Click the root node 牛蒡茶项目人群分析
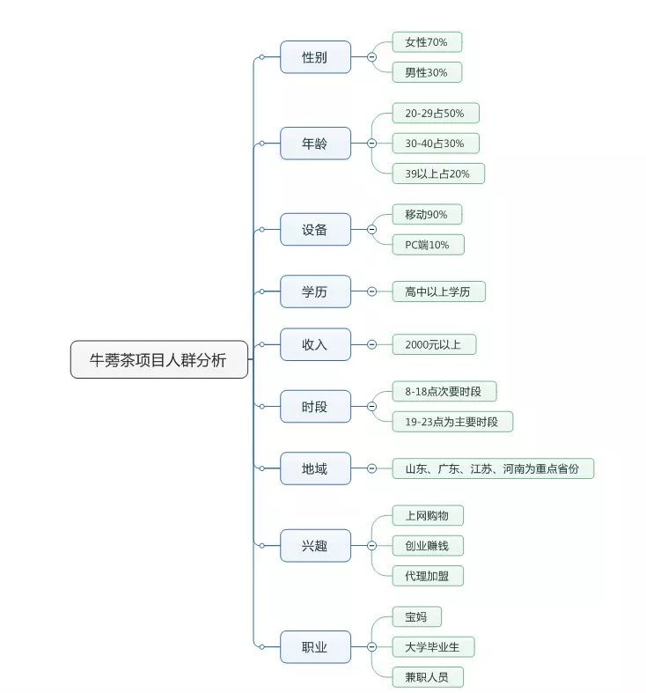click(159, 359)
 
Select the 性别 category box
click(315, 57)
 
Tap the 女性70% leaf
click(427, 42)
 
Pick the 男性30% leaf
click(427, 72)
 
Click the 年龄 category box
click(315, 144)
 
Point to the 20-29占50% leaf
click(436, 113)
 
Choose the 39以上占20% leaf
click(438, 173)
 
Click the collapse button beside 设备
click(372, 229)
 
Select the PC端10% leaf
click(428, 245)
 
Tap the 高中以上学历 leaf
click(439, 291)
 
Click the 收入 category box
click(315, 344)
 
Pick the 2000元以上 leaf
click(435, 344)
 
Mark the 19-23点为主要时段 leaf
click(452, 422)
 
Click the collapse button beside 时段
click(372, 406)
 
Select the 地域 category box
click(315, 468)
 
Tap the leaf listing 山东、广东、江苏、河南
click(493, 468)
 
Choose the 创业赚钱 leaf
click(428, 546)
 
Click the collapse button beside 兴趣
click(372, 545)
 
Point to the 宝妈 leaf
click(416, 616)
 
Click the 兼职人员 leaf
click(428, 677)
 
